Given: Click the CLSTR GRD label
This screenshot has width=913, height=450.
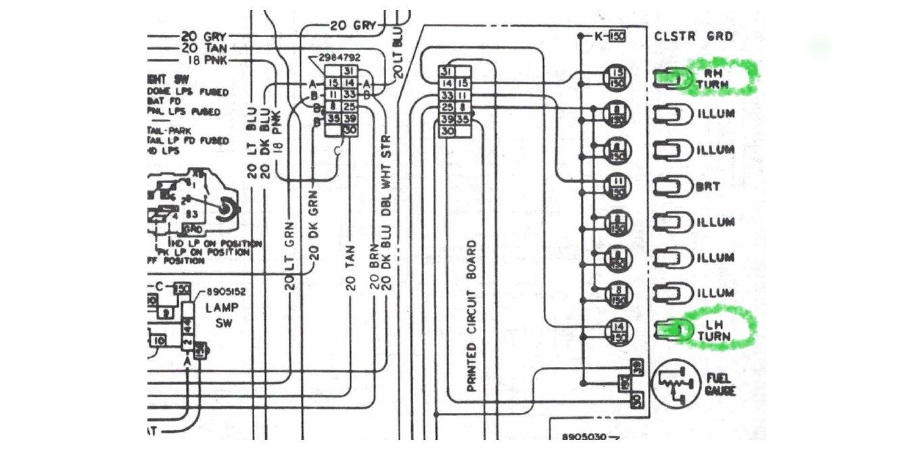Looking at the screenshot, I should coord(693,36).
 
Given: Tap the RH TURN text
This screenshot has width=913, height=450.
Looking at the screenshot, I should coord(716,79).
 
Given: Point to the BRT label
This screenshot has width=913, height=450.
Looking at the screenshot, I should coord(708,186).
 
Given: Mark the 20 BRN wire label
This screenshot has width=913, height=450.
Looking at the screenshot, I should coord(374,270).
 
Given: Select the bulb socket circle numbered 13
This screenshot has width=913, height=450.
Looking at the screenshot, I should coord(617,78).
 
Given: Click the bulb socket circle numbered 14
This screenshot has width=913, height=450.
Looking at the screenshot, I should coord(617,331).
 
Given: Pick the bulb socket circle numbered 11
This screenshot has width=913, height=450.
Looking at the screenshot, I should coord(617,186).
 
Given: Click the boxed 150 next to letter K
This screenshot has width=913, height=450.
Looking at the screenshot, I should coord(616,36).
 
